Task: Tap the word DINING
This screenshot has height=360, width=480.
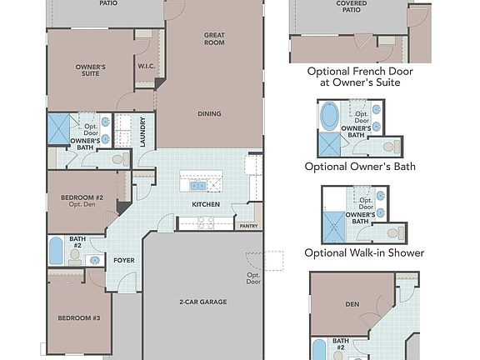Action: click(x=209, y=114)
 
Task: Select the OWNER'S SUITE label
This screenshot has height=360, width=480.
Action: click(x=90, y=70)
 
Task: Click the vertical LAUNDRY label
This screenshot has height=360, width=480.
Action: click(x=143, y=132)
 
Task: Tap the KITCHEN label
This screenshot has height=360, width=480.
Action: click(x=205, y=204)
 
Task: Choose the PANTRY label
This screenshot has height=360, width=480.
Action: click(x=248, y=226)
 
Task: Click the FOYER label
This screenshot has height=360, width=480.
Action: click(x=124, y=260)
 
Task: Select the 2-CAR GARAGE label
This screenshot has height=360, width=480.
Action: click(x=202, y=301)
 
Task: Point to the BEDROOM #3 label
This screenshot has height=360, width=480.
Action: click(x=78, y=318)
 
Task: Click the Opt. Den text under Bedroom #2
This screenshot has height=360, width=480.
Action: click(x=81, y=205)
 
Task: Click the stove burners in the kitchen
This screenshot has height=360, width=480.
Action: click(x=205, y=222)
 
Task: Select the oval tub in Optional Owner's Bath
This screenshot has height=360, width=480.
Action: click(x=330, y=114)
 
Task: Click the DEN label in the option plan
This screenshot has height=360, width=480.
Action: click(x=351, y=304)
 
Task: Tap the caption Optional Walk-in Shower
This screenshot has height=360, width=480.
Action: click(x=364, y=252)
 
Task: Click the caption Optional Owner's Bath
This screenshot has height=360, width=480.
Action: click(x=360, y=167)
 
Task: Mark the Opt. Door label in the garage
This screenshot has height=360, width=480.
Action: click(x=253, y=277)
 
